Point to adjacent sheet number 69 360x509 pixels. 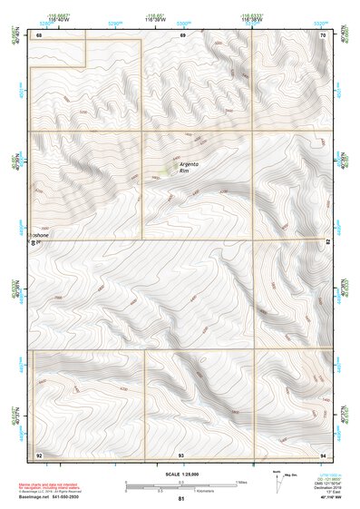[x=182, y=34]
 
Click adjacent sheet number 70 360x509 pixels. [x=323, y=34]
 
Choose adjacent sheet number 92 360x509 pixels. [x=39, y=453]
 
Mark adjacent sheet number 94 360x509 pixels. [x=323, y=453]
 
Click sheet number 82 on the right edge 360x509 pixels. [x=327, y=241]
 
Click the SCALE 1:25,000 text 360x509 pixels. [x=181, y=474]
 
